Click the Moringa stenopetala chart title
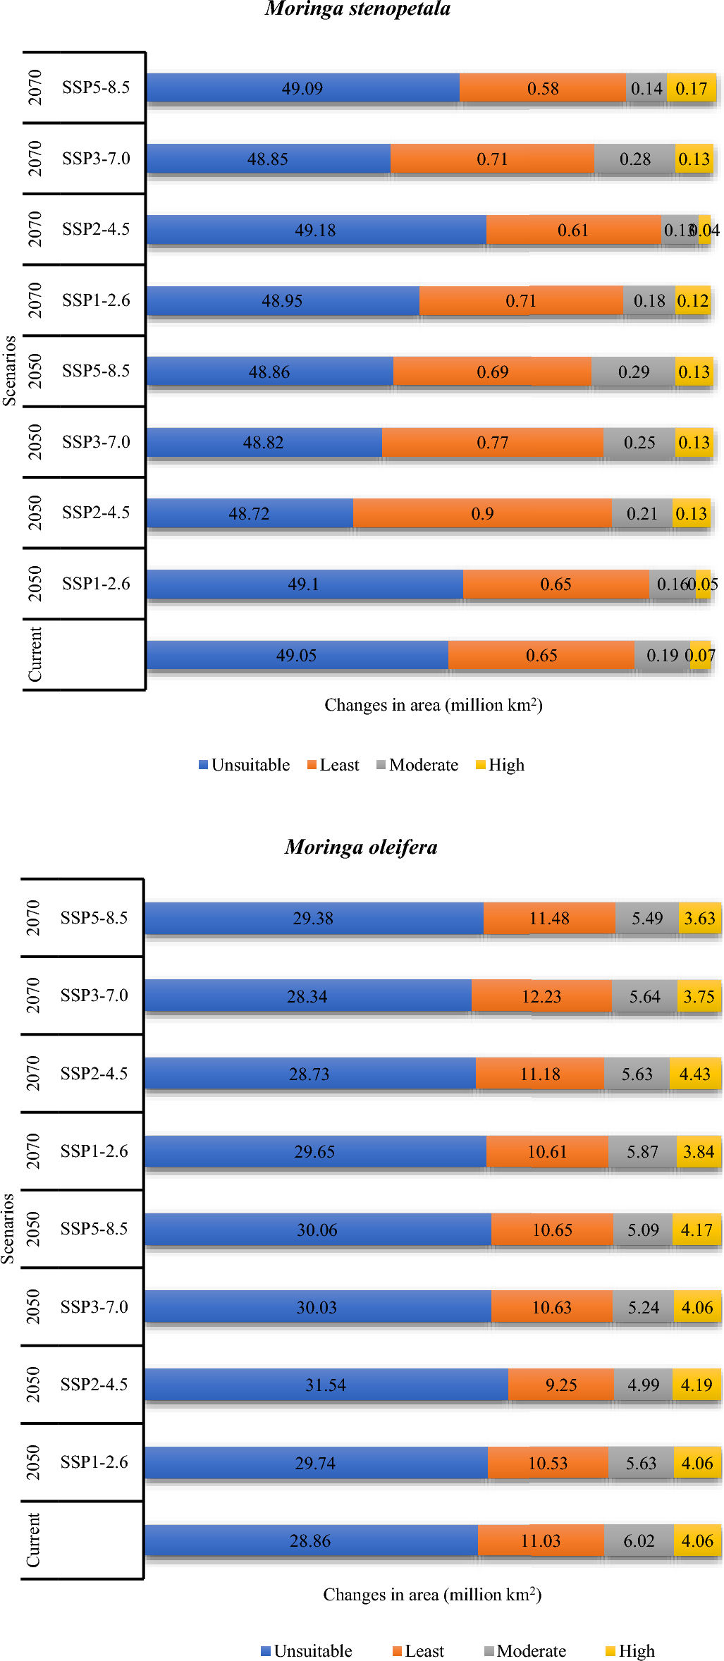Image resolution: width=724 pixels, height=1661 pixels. (x=357, y=9)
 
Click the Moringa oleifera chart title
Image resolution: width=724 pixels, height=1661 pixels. (x=361, y=847)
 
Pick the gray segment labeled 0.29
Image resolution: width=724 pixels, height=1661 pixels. (x=633, y=372)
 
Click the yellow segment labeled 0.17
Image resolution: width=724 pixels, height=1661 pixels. (x=691, y=88)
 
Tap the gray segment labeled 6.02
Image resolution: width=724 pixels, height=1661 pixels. (x=639, y=1540)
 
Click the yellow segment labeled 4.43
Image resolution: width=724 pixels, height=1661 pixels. (x=694, y=1074)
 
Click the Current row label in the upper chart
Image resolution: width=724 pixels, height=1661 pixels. (x=35, y=654)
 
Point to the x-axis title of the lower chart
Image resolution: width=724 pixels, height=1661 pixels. (x=432, y=1595)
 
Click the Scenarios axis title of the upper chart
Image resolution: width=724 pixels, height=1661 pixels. (x=9, y=371)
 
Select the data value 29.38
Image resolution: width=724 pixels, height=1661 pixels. (x=313, y=919)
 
